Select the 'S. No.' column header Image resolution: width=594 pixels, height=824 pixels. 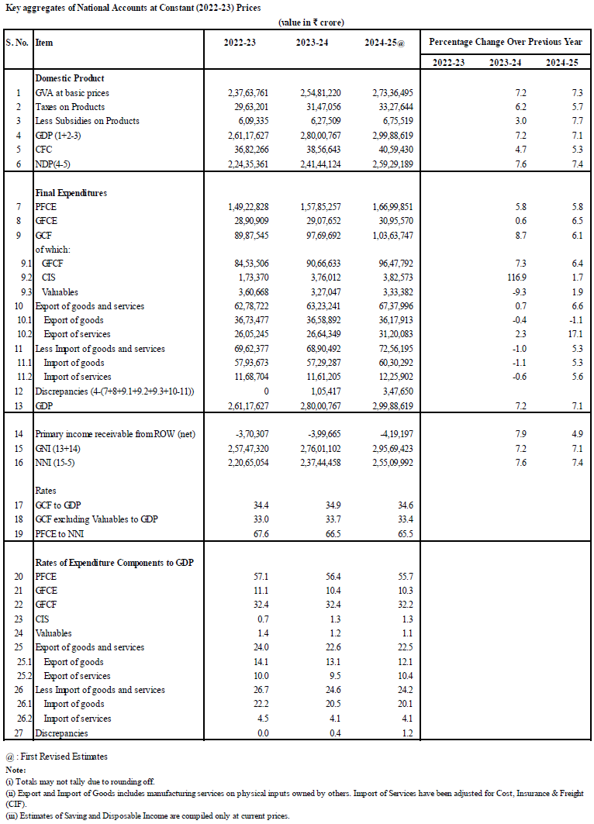point(17,43)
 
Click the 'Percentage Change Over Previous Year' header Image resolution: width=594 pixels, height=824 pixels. point(506,42)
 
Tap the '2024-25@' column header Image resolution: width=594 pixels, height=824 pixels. point(385,43)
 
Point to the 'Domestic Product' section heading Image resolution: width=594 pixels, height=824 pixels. point(70,78)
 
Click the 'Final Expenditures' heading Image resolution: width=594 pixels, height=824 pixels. point(71,192)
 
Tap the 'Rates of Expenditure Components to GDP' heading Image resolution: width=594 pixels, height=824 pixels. point(114,562)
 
